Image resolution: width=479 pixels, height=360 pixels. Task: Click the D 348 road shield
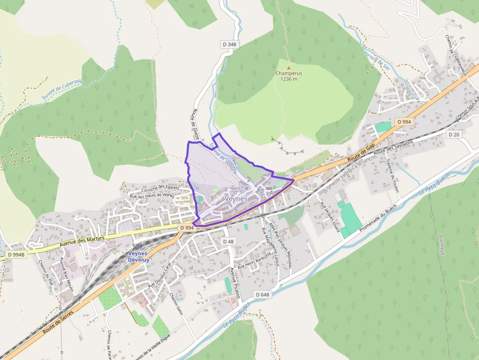[229, 44]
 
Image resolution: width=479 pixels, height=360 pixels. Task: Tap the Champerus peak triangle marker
[288, 67]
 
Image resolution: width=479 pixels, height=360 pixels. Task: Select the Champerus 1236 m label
[288, 76]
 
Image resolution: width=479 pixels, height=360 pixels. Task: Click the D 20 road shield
[454, 134]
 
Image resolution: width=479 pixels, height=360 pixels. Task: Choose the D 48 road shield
[229, 241]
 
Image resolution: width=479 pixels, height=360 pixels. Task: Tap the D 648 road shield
[262, 295]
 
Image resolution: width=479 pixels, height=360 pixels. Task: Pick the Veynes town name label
[237, 199]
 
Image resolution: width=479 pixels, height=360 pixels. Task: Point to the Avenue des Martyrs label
[82, 239]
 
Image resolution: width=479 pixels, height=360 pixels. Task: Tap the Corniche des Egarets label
[160, 188]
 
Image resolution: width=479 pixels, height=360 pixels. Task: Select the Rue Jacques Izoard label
[330, 216]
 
